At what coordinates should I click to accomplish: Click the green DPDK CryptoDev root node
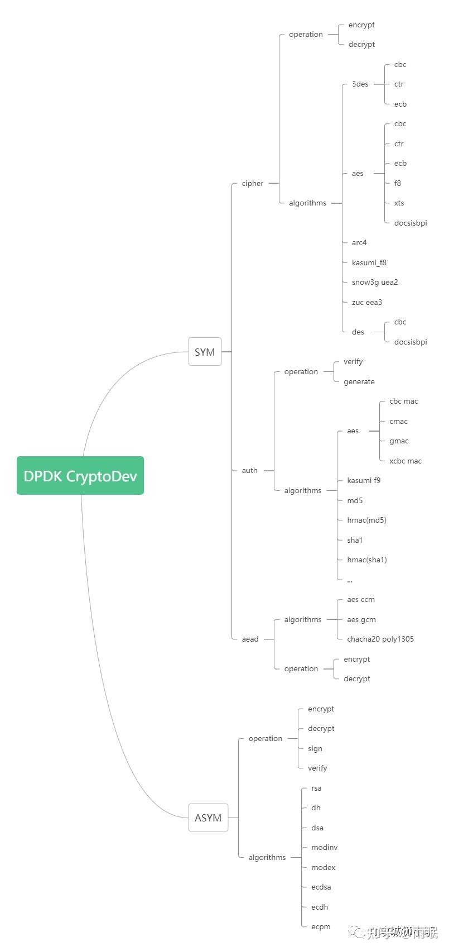coord(80,476)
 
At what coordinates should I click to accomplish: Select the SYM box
coord(205,352)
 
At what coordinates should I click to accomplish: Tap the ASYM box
coord(208,818)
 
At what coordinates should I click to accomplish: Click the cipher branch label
coord(253,183)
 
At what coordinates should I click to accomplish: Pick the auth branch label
coord(249,470)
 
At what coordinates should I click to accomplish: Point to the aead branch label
coord(250,639)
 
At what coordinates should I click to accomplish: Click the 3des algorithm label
coord(360,84)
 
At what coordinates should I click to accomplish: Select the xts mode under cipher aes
coord(399,203)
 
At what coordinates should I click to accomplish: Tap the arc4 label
coord(359,242)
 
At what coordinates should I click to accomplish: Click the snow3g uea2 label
coord(375,282)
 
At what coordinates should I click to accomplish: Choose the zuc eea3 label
coord(367,302)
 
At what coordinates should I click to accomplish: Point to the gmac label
coord(399,441)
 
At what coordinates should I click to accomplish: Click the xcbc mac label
coord(405,461)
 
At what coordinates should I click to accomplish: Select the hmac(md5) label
coord(366,520)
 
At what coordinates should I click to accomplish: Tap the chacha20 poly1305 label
coord(380,639)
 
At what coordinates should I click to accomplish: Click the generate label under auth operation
coord(359,381)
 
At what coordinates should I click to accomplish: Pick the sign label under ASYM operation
coord(315,748)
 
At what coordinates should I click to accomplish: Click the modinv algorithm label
coord(325,847)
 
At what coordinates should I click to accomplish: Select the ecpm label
coord(321,926)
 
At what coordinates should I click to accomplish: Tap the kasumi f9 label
coord(364,480)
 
